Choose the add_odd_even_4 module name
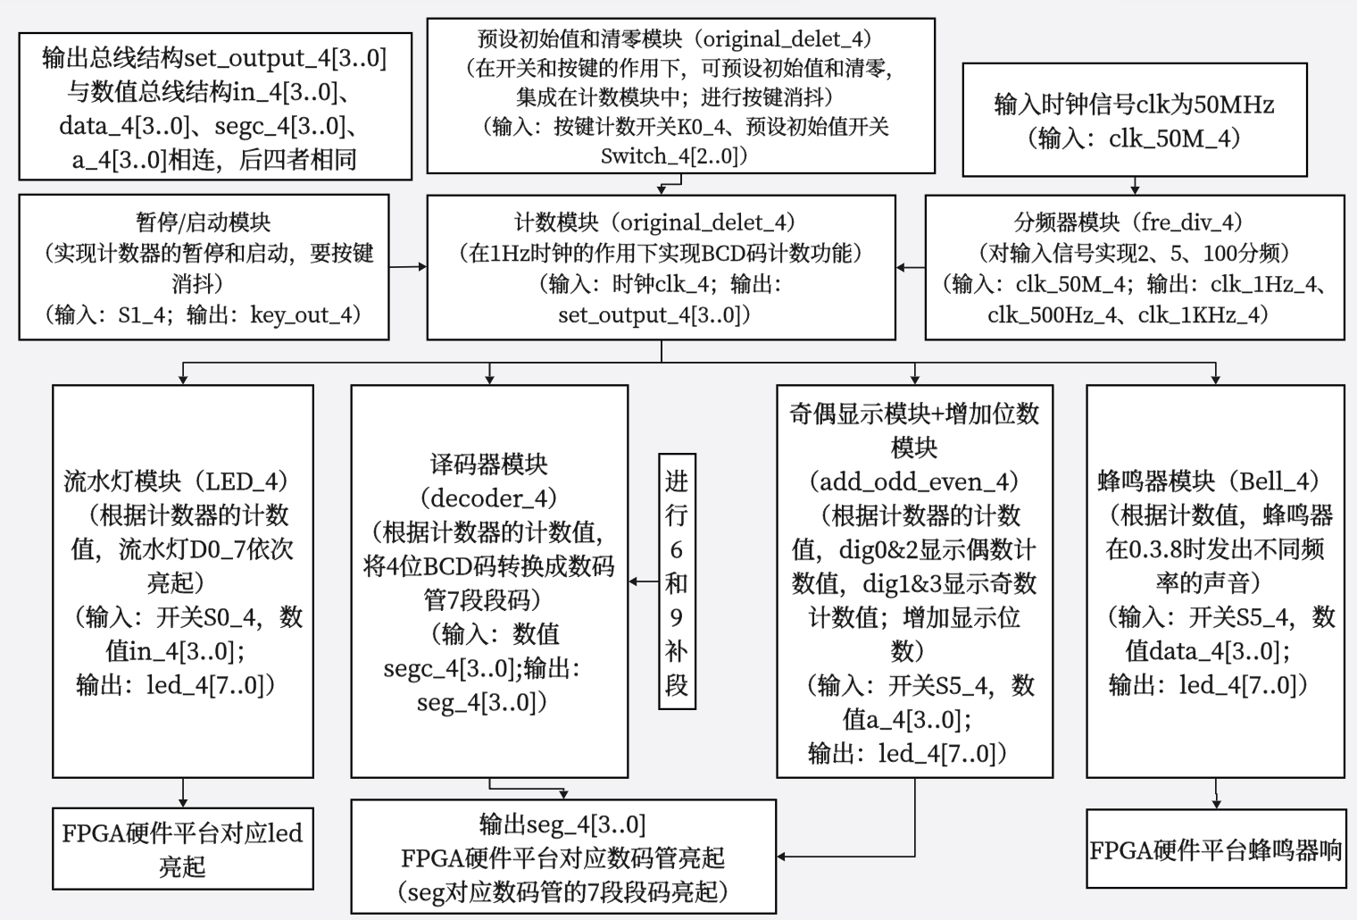click(x=914, y=481)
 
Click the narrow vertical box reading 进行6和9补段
click(x=676, y=581)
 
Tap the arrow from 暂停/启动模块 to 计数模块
click(x=408, y=266)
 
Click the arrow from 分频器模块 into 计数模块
click(x=911, y=267)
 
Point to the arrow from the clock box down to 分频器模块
click(x=1135, y=185)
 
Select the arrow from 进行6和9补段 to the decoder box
click(x=644, y=581)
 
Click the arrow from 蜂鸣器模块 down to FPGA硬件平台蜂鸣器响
click(x=1215, y=793)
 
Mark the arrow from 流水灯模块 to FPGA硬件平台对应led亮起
click(x=183, y=792)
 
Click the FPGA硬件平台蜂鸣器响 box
click(x=1215, y=849)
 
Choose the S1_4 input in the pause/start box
click(x=137, y=314)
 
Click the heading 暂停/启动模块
click(x=203, y=222)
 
